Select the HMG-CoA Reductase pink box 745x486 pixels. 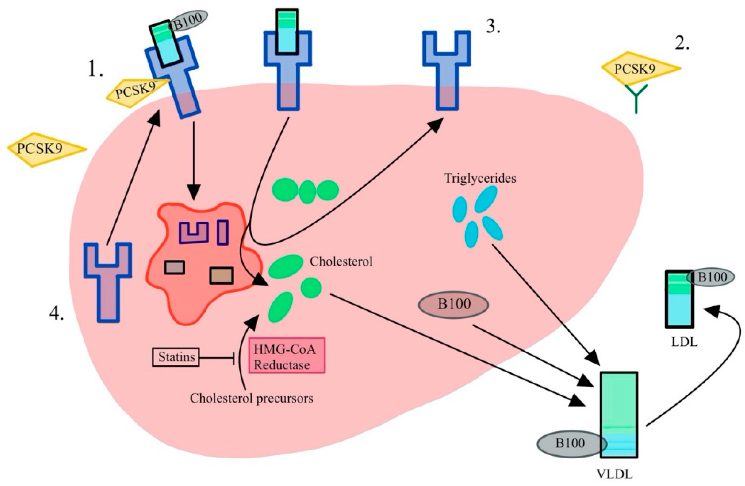pyautogui.click(x=286, y=355)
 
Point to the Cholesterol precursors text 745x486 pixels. pyautogui.click(x=251, y=398)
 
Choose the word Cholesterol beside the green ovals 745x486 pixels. pyautogui.click(x=341, y=261)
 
